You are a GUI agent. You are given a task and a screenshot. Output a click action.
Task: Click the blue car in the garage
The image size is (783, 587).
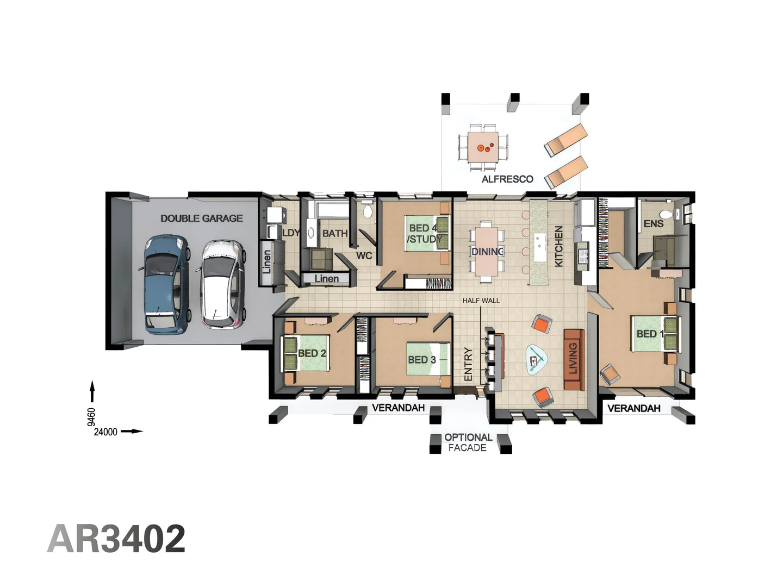[167, 284]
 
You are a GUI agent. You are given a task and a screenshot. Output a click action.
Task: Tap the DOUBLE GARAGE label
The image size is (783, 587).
[201, 218]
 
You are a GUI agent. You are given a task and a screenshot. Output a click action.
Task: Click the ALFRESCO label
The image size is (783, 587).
[507, 179]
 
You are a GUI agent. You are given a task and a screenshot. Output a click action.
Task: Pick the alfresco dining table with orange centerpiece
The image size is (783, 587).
[483, 147]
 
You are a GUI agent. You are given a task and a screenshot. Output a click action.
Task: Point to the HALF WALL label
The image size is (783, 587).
[481, 301]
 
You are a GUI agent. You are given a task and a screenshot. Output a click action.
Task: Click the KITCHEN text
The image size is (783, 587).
[558, 246]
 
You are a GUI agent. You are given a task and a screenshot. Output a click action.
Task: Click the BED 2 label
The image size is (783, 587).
[312, 353]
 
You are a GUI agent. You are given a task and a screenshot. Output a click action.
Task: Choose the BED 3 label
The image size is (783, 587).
[422, 360]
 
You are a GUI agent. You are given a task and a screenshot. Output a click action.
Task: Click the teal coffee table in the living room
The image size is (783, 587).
[537, 360]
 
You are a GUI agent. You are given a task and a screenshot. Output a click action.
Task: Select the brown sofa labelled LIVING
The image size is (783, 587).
[574, 360]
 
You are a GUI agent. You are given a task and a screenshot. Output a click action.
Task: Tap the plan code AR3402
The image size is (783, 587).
[116, 539]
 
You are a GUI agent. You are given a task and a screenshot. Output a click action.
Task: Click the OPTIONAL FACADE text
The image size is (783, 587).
[468, 442]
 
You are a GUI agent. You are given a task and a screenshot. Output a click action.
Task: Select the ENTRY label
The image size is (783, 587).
[468, 364]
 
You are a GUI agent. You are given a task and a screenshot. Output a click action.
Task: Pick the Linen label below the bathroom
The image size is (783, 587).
[326, 279]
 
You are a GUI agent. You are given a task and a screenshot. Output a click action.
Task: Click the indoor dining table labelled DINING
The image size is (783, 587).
[487, 252]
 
